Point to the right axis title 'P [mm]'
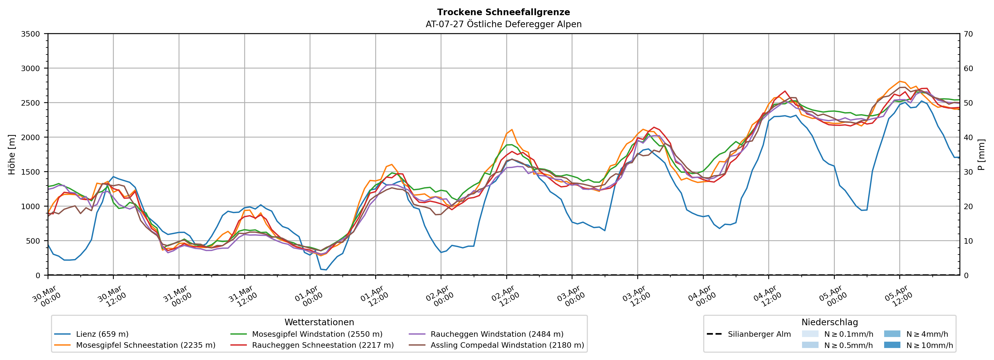click(981, 154)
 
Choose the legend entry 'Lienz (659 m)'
click(102, 334)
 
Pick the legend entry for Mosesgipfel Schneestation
click(145, 345)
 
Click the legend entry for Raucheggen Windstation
click(497, 334)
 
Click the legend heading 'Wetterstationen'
click(319, 322)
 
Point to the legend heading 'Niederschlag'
click(830, 322)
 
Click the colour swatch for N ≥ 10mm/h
click(892, 345)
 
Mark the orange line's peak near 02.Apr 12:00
click(512, 130)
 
